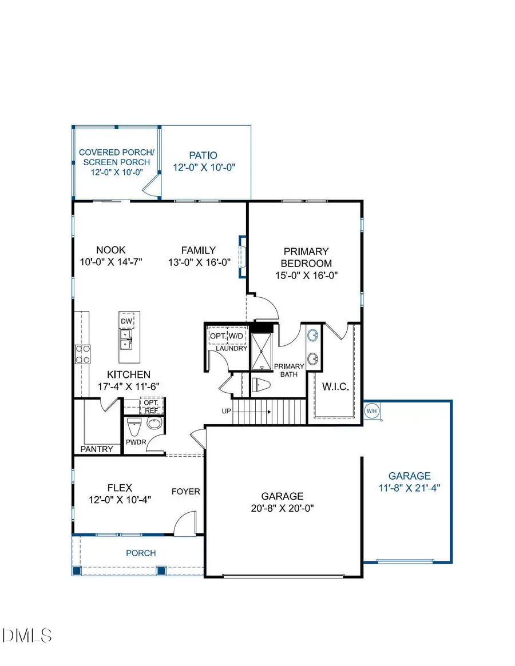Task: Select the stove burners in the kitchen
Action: click(82, 354)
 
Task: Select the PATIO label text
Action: click(204, 155)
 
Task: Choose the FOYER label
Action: click(186, 491)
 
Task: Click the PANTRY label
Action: click(97, 449)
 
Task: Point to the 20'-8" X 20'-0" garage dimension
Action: click(283, 508)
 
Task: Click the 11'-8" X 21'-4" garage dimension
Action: click(409, 488)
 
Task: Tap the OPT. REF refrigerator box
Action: click(152, 405)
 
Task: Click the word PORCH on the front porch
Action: click(141, 553)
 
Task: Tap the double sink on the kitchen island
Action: click(126, 340)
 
